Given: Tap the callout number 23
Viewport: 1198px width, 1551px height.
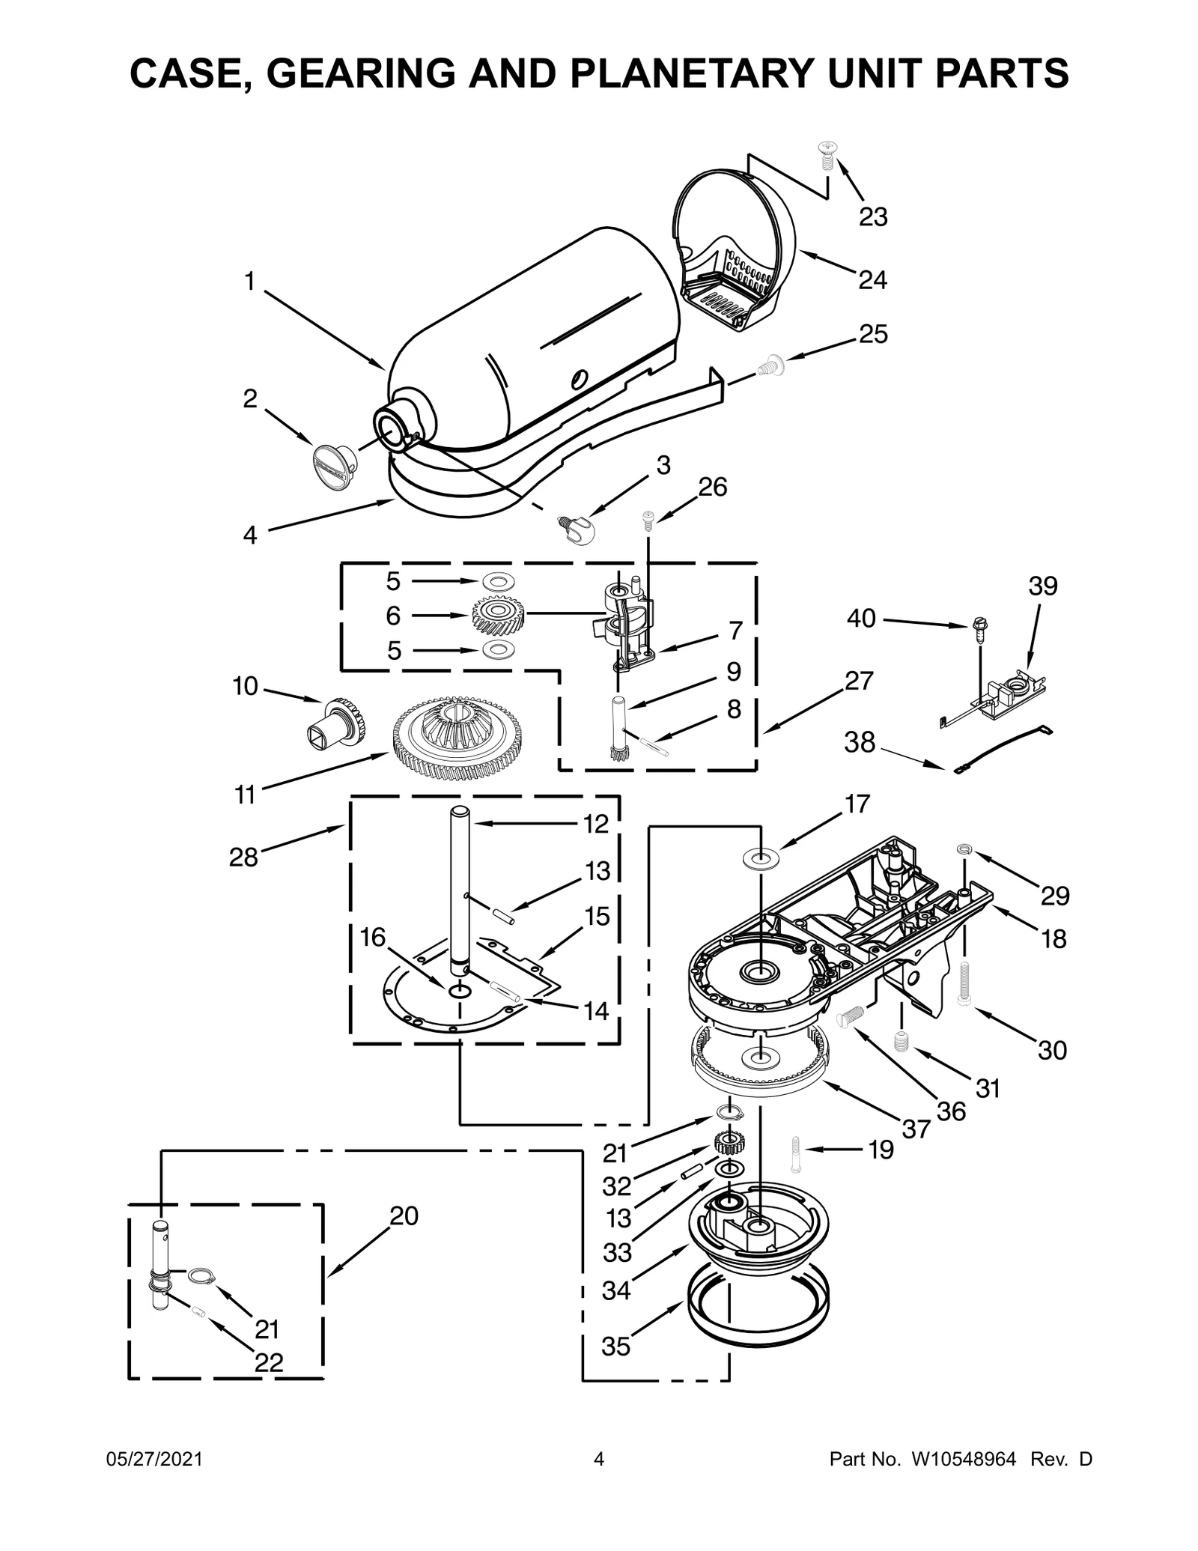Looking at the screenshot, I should (873, 217).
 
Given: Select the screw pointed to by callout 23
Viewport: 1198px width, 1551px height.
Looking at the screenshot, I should (827, 155).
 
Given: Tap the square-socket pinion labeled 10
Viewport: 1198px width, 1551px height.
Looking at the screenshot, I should (338, 722).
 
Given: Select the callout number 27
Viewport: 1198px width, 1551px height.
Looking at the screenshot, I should (859, 681).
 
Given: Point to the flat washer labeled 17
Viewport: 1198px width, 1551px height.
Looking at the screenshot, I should (761, 855).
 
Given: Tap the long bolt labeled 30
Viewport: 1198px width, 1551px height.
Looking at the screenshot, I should (965, 983).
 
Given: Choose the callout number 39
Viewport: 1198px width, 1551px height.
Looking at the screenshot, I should (1042, 586).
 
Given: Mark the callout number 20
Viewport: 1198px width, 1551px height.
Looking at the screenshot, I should (404, 1217).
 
